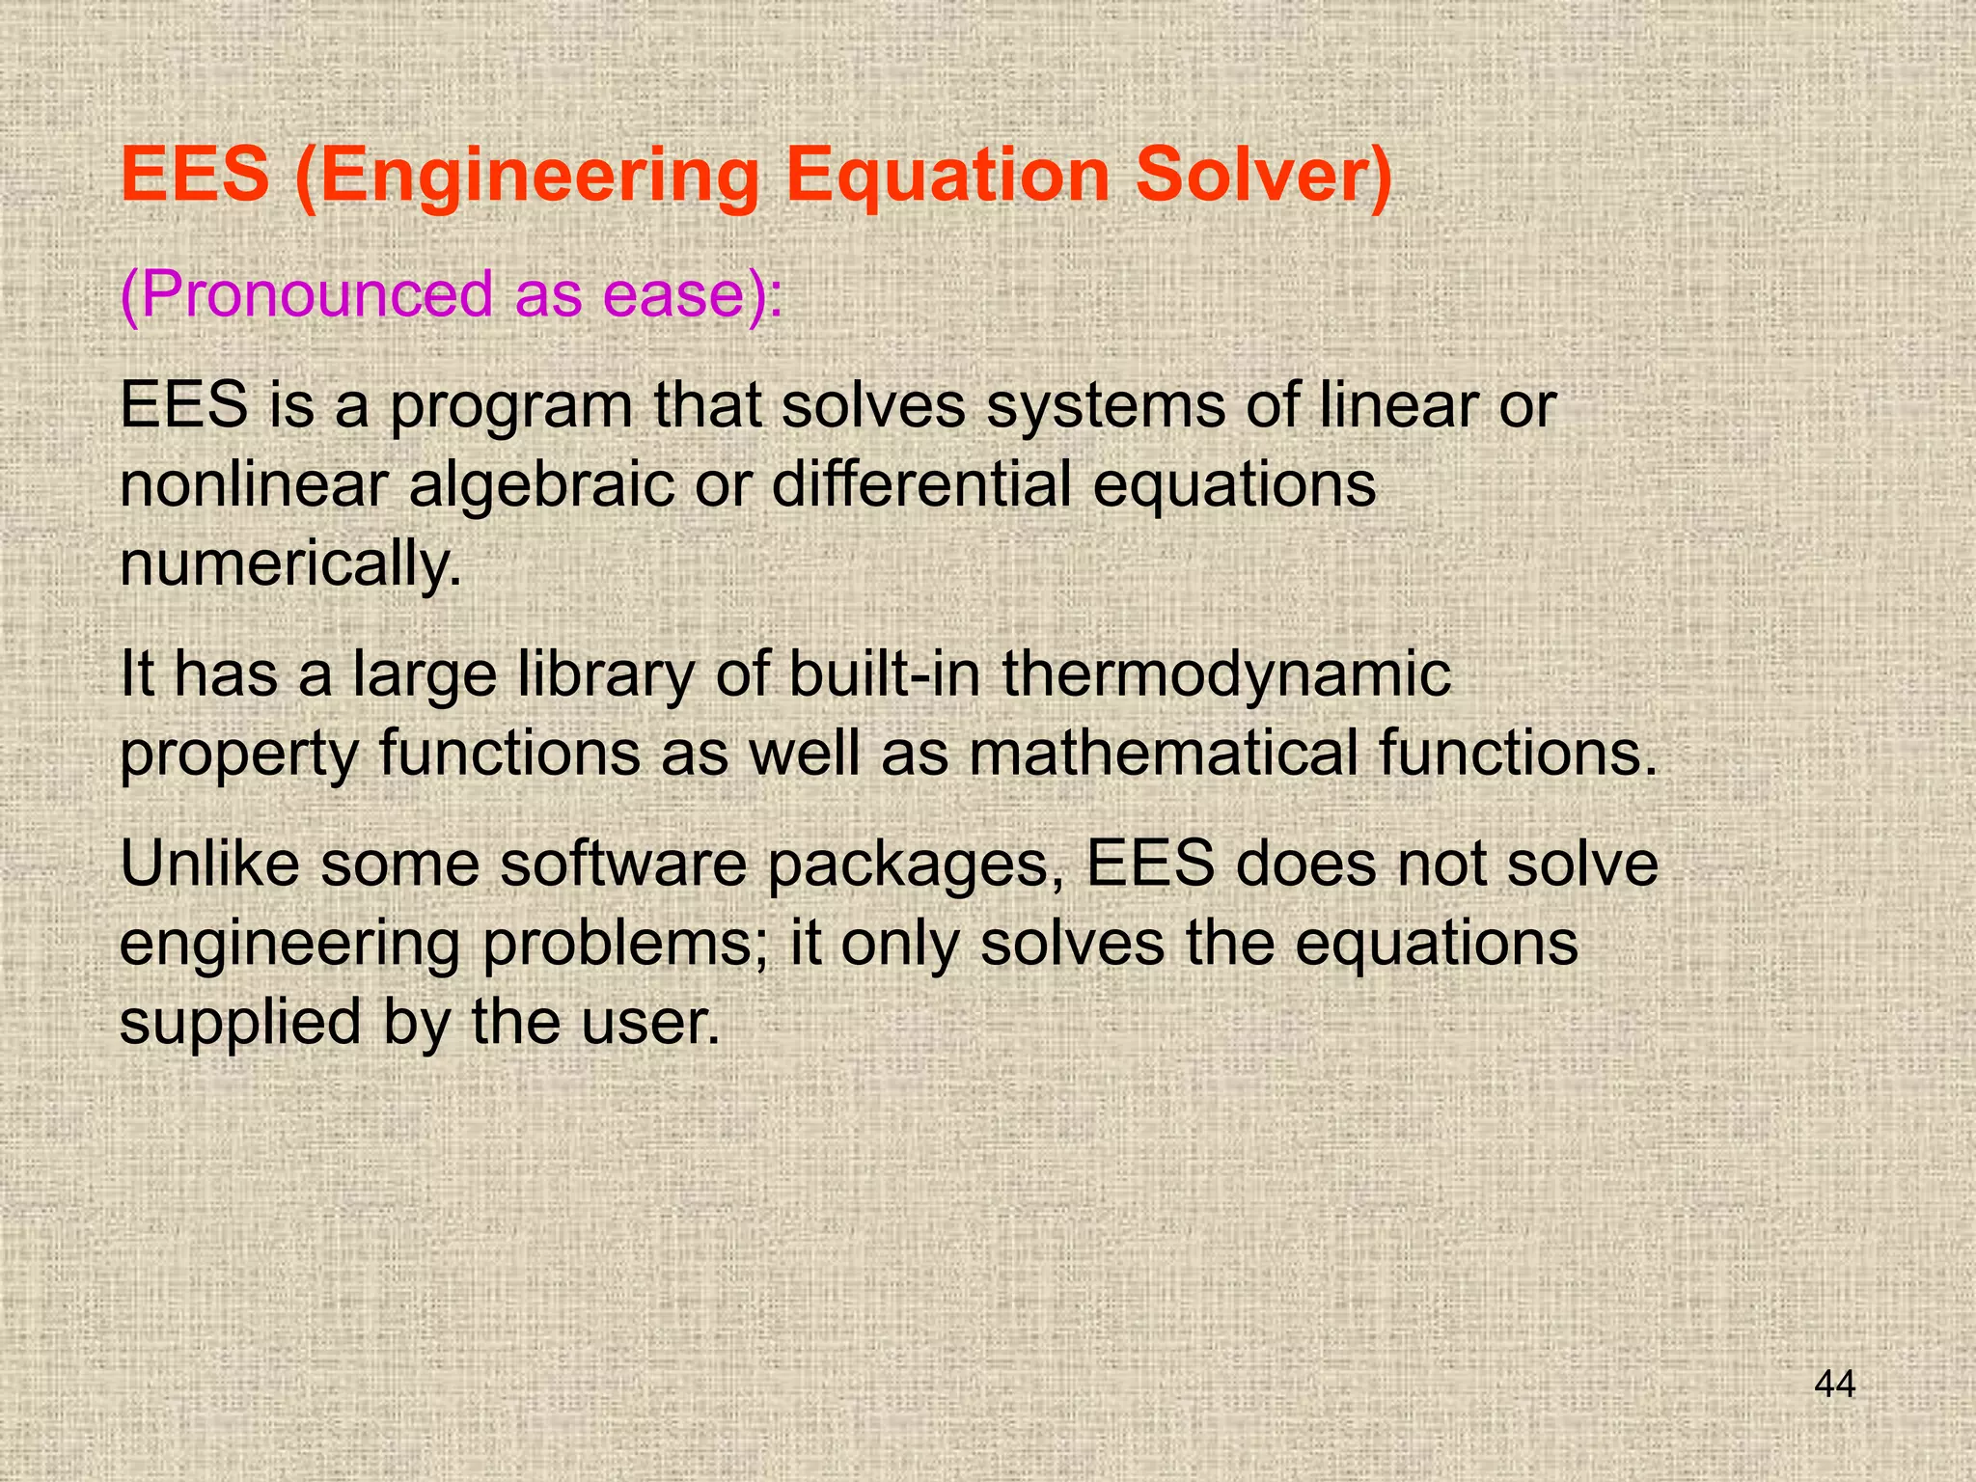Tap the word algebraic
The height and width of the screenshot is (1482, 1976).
[x=541, y=486]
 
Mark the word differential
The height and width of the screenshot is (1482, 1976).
[x=921, y=484]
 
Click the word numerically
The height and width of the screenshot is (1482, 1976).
[x=289, y=565]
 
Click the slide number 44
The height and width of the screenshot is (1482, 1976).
[x=1834, y=1385]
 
